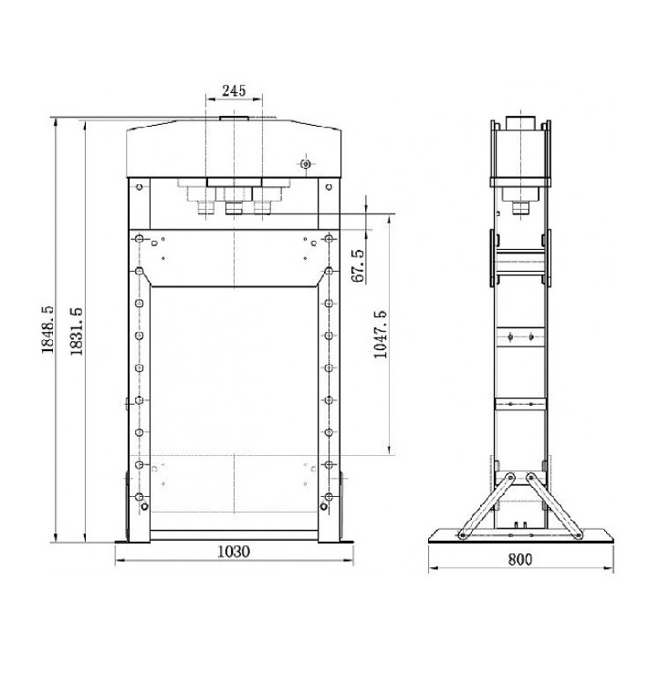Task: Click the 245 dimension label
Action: pyautogui.click(x=234, y=90)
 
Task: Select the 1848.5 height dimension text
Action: pyautogui.click(x=47, y=329)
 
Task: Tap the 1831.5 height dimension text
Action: pyautogui.click(x=77, y=331)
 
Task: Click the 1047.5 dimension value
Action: pyautogui.click(x=381, y=335)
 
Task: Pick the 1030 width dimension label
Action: pyautogui.click(x=234, y=552)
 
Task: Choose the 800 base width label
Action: pyautogui.click(x=520, y=560)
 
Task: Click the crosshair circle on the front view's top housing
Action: pyautogui.click(x=306, y=163)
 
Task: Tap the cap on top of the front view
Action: pyautogui.click(x=234, y=118)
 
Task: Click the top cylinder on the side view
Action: pyautogui.click(x=520, y=122)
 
